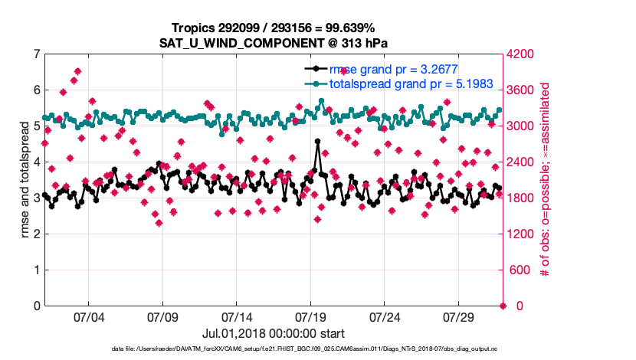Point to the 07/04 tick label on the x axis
[x=88, y=316]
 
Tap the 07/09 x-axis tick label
[x=162, y=316]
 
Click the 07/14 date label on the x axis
[x=237, y=316]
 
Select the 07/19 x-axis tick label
[x=310, y=316]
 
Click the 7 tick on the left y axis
[x=36, y=54]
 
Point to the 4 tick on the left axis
[x=36, y=162]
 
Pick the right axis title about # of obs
[x=546, y=180]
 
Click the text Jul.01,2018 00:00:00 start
[x=274, y=333]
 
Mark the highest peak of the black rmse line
[x=317, y=142]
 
